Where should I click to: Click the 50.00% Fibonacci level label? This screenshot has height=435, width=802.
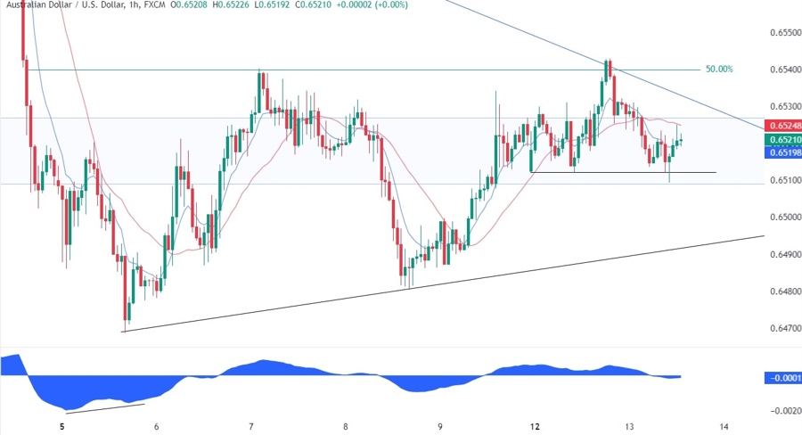[x=719, y=69]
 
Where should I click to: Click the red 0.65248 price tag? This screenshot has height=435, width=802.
[x=782, y=127]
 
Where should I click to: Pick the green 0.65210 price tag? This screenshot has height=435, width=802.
[x=782, y=140]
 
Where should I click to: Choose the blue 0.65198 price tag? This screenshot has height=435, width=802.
[x=782, y=152]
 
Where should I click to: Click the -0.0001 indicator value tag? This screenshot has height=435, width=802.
[x=782, y=378]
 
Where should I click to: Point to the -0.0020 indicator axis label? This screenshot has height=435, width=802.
[x=782, y=411]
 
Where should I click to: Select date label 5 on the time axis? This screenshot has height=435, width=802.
[x=62, y=427]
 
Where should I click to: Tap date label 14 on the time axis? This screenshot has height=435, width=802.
[x=724, y=427]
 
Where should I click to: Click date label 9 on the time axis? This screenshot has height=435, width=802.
[x=440, y=427]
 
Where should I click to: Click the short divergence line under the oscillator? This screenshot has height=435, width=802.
[x=105, y=408]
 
